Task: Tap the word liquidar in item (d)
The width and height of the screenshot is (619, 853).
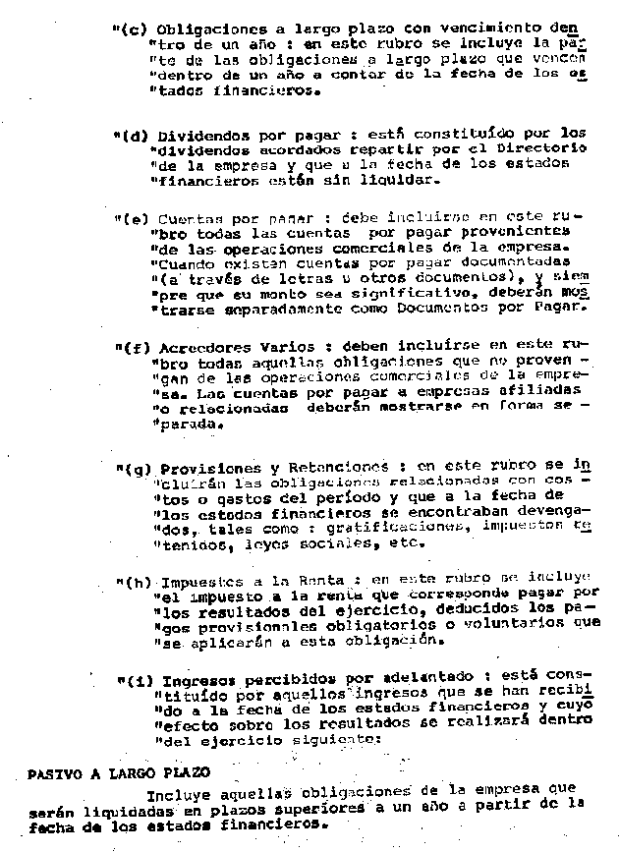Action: [x=367, y=180]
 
